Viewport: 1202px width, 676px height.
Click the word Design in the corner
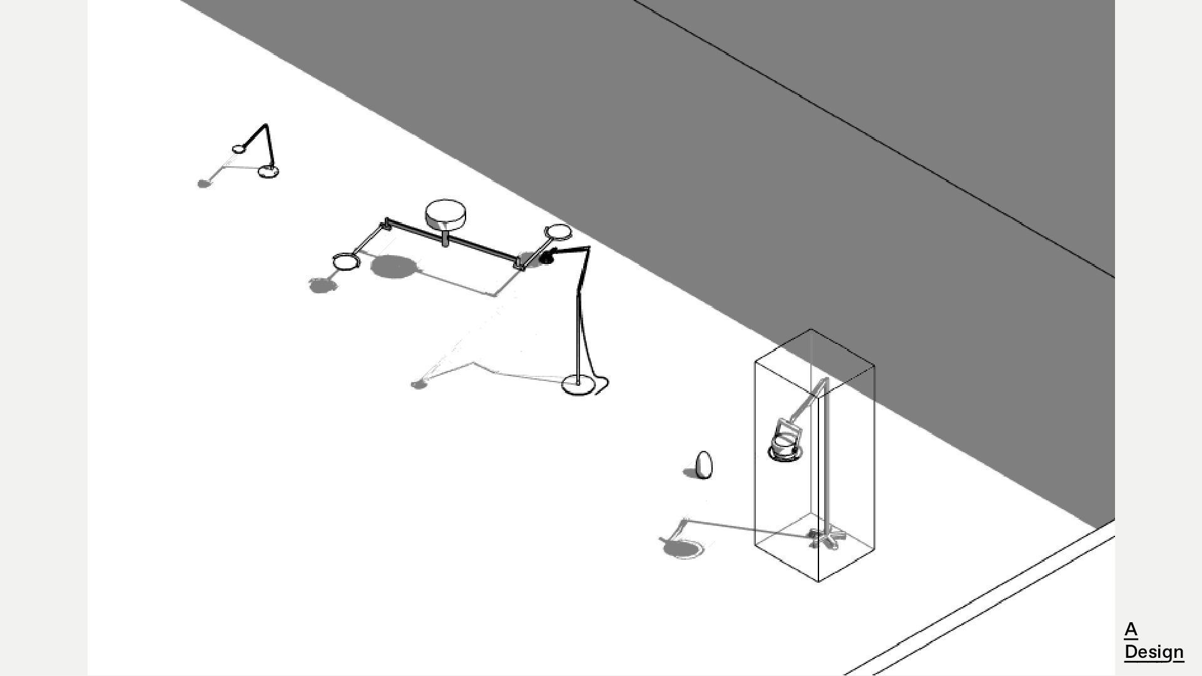click(1154, 652)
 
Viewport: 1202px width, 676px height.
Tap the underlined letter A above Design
click(1131, 630)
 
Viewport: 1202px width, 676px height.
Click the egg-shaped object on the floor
click(704, 465)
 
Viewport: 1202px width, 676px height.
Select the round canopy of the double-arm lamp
click(445, 214)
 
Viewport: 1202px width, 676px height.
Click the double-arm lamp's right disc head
click(558, 232)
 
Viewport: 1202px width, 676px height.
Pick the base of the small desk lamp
click(269, 171)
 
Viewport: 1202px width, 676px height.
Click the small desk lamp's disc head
click(239, 149)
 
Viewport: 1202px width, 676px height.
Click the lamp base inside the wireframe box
click(827, 537)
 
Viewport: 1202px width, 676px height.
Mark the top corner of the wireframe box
click(811, 329)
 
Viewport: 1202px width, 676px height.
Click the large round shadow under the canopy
click(394, 267)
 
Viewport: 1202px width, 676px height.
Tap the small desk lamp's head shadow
click(203, 183)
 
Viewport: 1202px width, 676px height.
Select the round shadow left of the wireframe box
click(682, 549)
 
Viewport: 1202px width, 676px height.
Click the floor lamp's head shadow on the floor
click(418, 384)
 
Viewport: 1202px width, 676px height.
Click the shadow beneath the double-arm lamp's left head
click(322, 286)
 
